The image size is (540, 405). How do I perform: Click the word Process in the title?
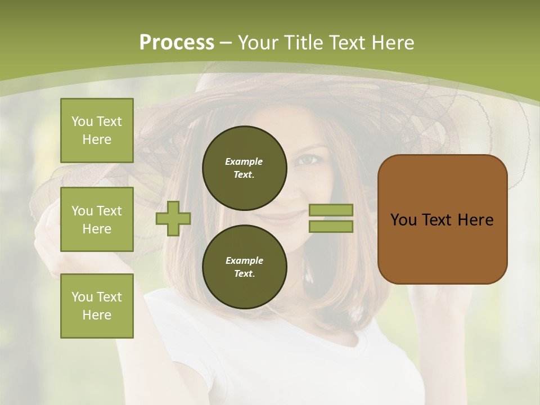(177, 43)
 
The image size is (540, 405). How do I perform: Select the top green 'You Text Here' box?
(97, 130)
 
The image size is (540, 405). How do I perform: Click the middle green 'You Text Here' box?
(97, 219)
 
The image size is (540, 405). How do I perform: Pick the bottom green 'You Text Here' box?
(97, 306)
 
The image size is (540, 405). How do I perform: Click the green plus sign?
(173, 218)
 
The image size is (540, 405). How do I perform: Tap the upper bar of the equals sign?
(331, 210)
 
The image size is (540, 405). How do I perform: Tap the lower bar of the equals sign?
(331, 226)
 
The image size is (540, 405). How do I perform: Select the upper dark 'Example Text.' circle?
(244, 168)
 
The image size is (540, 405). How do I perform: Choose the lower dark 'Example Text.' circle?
(244, 267)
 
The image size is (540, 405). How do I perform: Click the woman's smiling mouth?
(289, 216)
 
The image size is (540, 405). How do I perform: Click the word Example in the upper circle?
(244, 161)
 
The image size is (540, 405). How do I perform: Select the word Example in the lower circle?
(244, 260)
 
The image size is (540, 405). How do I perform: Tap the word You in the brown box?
(403, 220)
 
